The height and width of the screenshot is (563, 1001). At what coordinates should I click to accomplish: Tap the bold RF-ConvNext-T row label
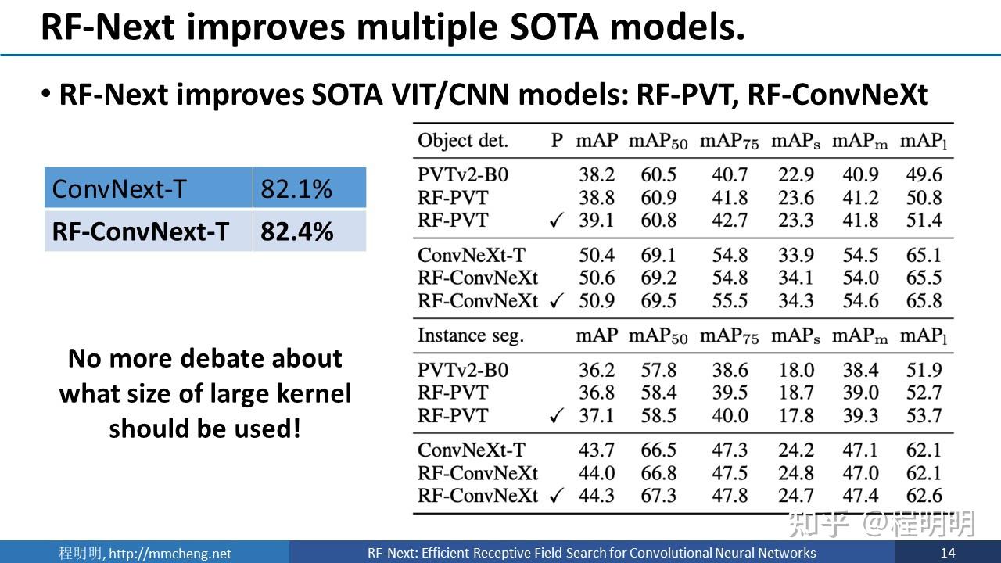(x=141, y=231)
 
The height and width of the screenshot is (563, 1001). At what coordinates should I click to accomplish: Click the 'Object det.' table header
(x=463, y=141)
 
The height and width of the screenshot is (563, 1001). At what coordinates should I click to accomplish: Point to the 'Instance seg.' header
(x=471, y=335)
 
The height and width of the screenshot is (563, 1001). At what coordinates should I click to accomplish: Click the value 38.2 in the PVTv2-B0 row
(x=597, y=174)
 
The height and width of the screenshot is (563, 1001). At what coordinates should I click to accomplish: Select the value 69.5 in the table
(x=658, y=301)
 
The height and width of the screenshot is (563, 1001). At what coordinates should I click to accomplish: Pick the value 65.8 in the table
(x=924, y=301)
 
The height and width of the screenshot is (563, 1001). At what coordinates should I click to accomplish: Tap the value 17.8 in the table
(x=795, y=416)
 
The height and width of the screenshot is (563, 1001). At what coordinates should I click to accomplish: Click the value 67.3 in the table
(x=658, y=496)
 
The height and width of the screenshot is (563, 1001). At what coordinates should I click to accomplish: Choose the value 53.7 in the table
(x=924, y=416)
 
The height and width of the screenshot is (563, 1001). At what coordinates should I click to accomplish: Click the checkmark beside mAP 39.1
(x=557, y=221)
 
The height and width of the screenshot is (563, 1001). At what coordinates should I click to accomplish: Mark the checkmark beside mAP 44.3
(x=557, y=497)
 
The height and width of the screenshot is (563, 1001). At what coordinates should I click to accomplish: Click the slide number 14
(x=948, y=553)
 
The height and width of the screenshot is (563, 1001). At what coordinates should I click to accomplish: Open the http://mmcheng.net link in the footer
(x=170, y=554)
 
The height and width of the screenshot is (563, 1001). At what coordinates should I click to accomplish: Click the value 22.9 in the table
(x=795, y=174)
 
